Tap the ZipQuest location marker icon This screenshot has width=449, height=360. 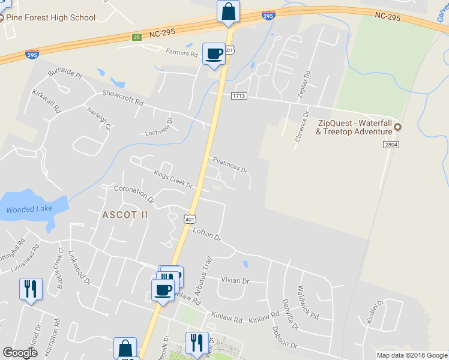click(397, 127)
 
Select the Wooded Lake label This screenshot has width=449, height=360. click(29, 209)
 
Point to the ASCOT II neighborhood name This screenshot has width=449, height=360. click(124, 214)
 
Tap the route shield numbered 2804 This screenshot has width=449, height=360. click(391, 145)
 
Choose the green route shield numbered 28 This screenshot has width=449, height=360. click(137, 37)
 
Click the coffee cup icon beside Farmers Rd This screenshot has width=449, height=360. click(214, 54)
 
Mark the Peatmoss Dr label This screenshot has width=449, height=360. click(230, 165)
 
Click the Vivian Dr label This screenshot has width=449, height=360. click(235, 280)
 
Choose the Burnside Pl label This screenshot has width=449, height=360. click(64, 74)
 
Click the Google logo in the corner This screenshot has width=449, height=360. click(20, 353)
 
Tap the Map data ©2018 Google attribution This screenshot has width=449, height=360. click(411, 355)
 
